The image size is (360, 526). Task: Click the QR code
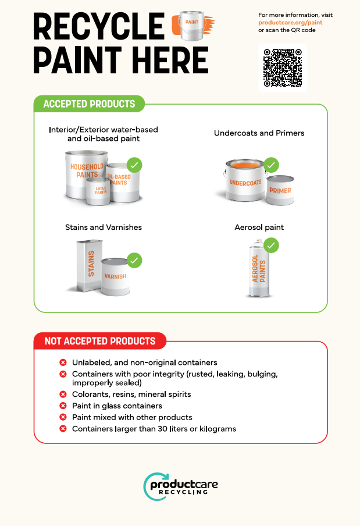pos(283,67)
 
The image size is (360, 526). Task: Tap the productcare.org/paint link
pos(290,23)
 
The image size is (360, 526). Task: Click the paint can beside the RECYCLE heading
pos(192,26)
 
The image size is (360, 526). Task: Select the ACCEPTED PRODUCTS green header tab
pos(89,104)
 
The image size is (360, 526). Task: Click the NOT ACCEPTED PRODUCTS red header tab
pos(100,341)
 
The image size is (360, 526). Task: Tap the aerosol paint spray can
pos(259,268)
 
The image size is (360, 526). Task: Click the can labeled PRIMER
pos(280,190)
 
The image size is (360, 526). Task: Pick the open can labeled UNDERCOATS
pos(245,180)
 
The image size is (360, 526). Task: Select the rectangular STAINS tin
pos(90,265)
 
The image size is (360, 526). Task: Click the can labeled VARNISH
pos(115,277)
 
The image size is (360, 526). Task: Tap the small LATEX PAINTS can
pos(98,191)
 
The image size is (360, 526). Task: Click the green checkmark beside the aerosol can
pos(271,245)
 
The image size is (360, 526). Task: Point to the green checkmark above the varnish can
pos(134,260)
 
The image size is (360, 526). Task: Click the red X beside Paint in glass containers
pos(63,406)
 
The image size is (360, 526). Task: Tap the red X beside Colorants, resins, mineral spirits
pos(63,394)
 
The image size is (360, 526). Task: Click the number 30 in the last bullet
pos(163,429)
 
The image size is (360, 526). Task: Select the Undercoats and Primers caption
pos(259,133)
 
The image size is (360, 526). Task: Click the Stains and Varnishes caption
pos(104,228)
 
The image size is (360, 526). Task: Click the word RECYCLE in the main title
pos(99,26)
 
